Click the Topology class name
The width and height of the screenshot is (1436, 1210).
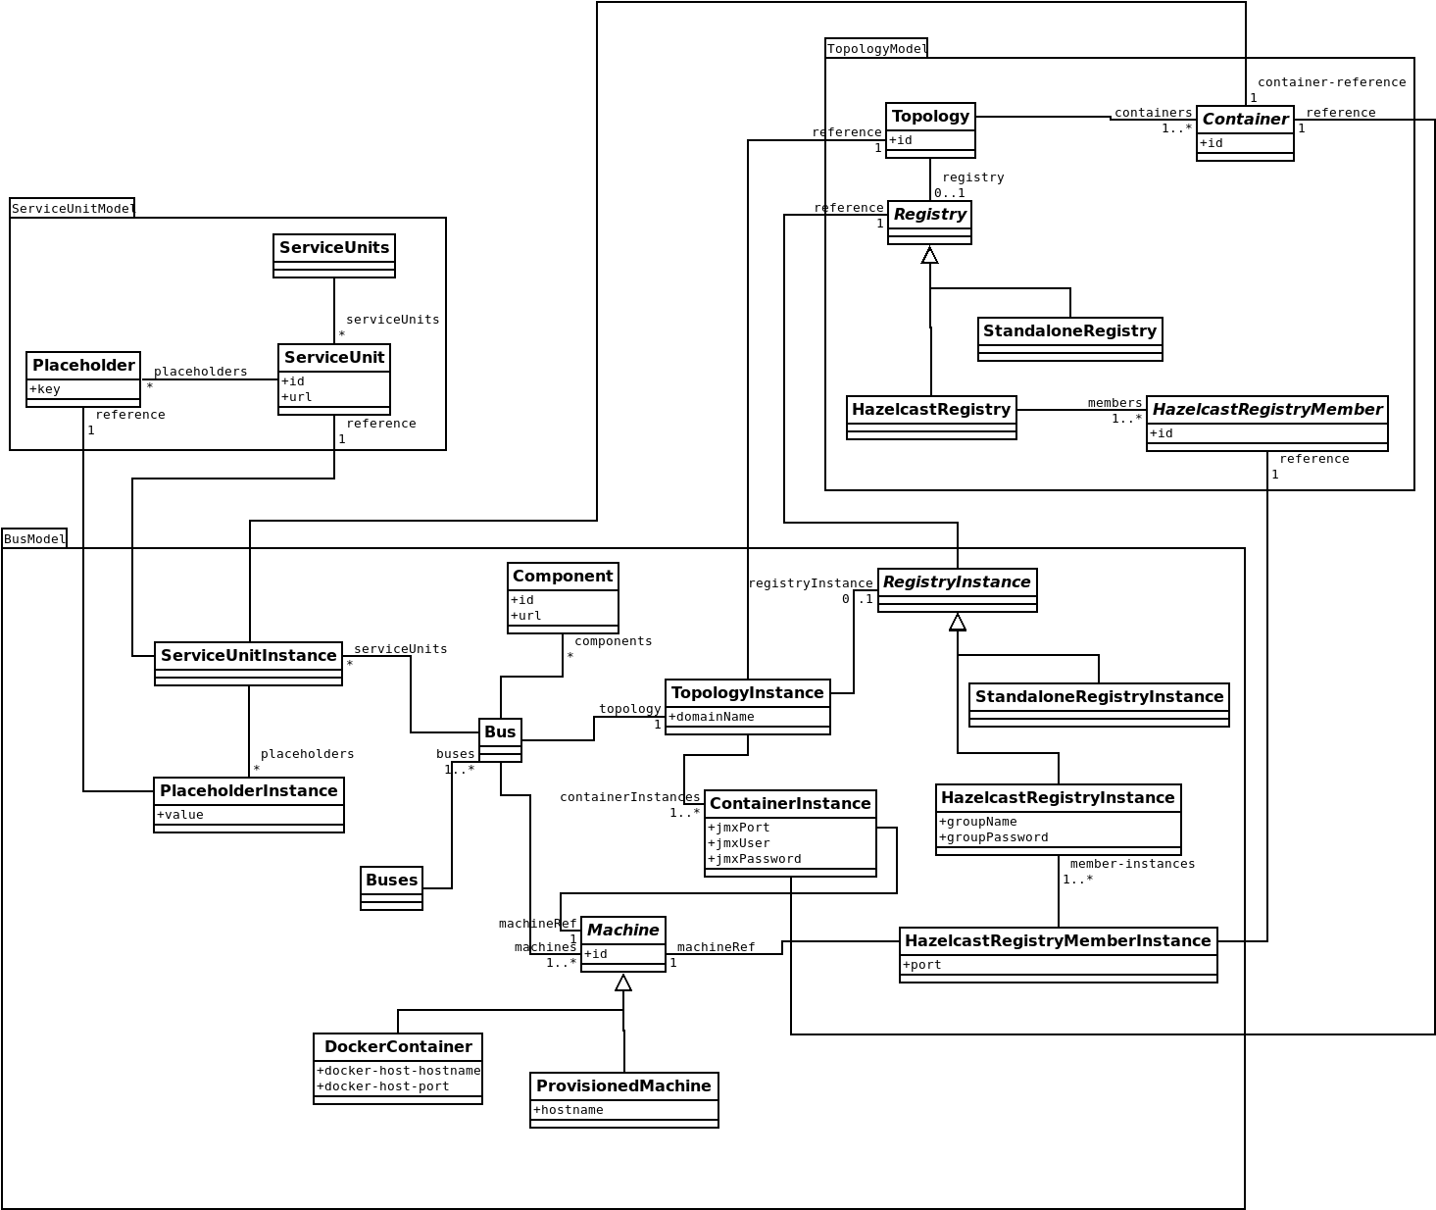[930, 117]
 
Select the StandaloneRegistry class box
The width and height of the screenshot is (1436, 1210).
[1069, 338]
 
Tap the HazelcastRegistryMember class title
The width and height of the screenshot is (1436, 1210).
[1266, 410]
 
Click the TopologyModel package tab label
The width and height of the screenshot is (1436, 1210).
[876, 49]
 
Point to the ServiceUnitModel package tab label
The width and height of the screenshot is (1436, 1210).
[73, 209]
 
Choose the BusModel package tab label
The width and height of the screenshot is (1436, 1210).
[34, 539]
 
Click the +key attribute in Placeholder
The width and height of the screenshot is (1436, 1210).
[45, 389]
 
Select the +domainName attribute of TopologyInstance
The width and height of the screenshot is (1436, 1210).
[712, 717]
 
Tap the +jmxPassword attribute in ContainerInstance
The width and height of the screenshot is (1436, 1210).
[755, 859]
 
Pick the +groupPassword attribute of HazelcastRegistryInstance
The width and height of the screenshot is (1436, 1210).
[994, 837]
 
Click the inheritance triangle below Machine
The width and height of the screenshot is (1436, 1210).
[623, 983]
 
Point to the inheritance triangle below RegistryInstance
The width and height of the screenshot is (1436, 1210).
[958, 622]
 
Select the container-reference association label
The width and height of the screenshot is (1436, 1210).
[1331, 82]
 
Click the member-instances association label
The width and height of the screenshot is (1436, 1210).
[1132, 864]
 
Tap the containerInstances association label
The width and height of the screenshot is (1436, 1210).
[630, 797]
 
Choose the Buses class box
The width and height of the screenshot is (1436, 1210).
[391, 887]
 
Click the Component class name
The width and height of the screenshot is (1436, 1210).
[563, 577]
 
